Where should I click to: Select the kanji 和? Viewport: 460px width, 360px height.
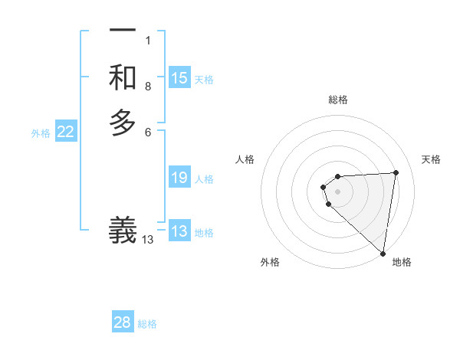coord(123,77)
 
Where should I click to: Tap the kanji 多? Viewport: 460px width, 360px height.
coord(123,123)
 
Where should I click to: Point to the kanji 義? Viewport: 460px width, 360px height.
coord(123,231)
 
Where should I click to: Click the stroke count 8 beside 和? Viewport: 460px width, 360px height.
coord(148,87)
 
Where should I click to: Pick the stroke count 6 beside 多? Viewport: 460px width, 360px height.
coord(148,133)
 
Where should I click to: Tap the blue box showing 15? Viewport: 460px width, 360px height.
coord(179,78)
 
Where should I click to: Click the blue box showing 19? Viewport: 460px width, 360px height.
coord(179,178)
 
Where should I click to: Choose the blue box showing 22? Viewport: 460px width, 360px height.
coord(66,132)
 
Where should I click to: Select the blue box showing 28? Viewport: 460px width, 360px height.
coord(123,322)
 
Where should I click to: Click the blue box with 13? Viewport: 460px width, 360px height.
coord(179,231)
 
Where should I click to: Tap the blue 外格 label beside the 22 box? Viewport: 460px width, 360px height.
coord(41,133)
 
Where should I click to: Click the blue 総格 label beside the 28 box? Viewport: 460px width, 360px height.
coord(147,324)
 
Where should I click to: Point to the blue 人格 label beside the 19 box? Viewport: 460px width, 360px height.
coord(204,179)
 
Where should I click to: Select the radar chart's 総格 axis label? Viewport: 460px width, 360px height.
coord(338,100)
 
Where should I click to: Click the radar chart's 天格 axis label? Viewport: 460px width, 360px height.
coord(431,159)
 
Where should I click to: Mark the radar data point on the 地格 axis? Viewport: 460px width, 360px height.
coord(383,253)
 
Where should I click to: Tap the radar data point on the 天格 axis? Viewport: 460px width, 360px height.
coord(396,172)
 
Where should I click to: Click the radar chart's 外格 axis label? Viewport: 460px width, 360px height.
coord(270,262)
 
